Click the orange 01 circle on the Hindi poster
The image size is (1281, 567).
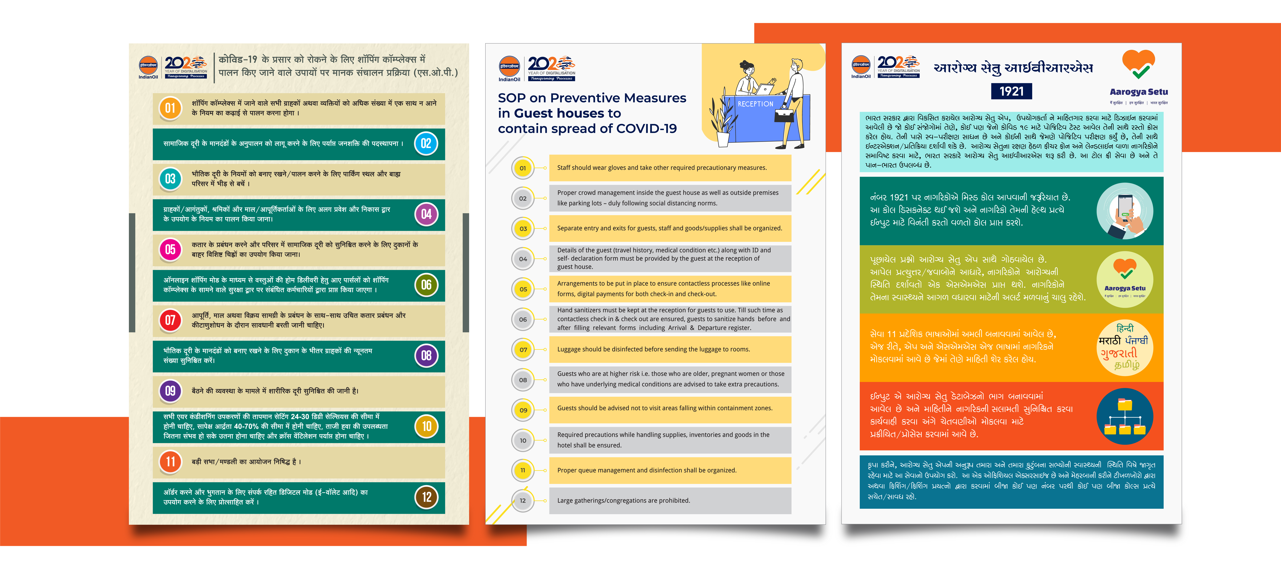pyautogui.click(x=170, y=108)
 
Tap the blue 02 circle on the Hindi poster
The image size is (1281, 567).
pyautogui.click(x=426, y=144)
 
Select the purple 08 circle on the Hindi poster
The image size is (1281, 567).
pyautogui.click(x=426, y=356)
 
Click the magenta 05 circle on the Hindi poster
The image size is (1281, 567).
pyautogui.click(x=170, y=250)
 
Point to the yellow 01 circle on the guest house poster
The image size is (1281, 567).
pyautogui.click(x=523, y=168)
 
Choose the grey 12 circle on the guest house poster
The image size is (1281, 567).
pyautogui.click(x=523, y=501)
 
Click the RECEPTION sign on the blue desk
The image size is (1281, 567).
pyautogui.click(x=755, y=104)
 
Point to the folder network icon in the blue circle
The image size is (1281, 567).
pyautogui.click(x=1124, y=417)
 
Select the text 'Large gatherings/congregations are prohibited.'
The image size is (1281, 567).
pyautogui.click(x=624, y=501)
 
